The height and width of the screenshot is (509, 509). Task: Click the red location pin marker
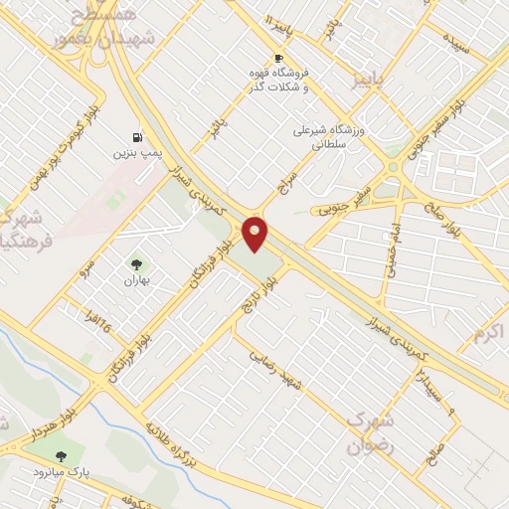point(256,233)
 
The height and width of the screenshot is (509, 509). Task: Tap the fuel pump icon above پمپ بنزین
point(136,136)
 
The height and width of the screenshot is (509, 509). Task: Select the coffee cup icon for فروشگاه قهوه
point(278,58)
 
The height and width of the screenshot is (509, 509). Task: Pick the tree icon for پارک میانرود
point(62,456)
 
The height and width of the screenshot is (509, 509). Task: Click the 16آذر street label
point(92,320)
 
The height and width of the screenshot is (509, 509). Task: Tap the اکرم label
point(490,331)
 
